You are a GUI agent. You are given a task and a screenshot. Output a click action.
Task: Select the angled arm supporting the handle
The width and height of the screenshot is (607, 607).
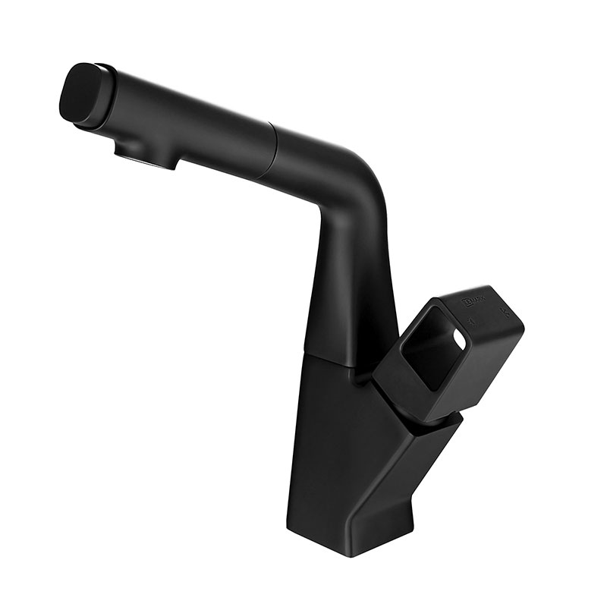click(425, 463)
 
